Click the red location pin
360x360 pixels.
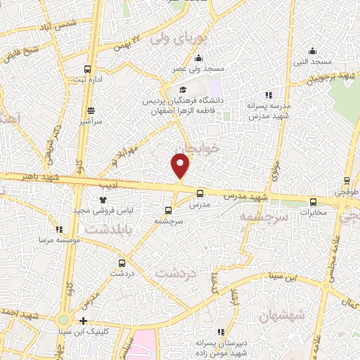tap(180, 166)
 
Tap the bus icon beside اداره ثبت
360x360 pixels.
tap(87, 69)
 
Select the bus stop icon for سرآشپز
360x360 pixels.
tap(91, 110)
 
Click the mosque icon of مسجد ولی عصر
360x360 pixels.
tap(200, 58)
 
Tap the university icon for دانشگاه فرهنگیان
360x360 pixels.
tap(183, 89)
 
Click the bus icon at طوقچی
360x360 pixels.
tap(346, 180)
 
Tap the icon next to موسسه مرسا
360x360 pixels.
tap(60, 229)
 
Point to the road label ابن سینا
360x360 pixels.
tap(276, 276)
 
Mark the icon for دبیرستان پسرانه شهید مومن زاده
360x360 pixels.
tap(221, 331)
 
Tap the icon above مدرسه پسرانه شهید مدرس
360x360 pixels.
tap(268, 95)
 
